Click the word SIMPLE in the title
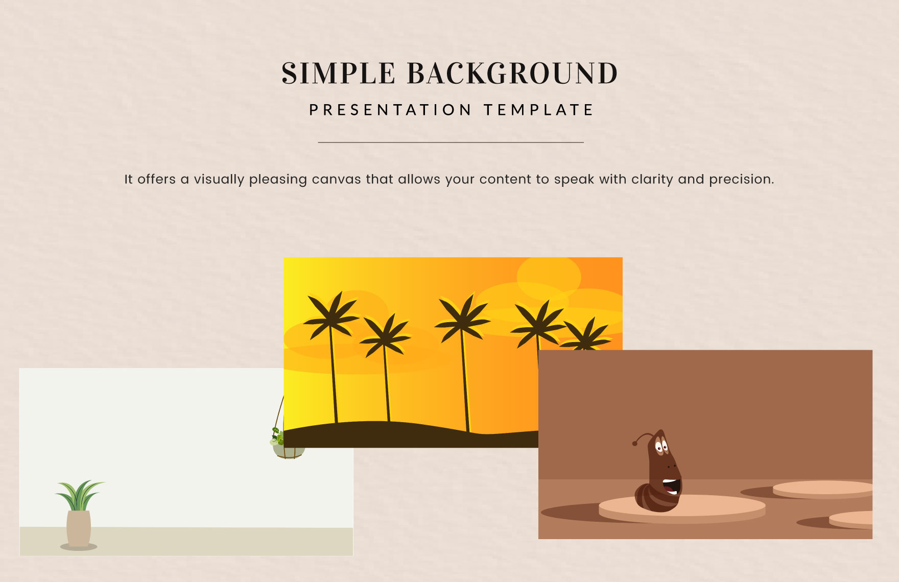[x=338, y=74]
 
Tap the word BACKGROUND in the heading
[x=512, y=74]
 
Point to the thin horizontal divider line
[x=451, y=142]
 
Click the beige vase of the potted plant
[x=79, y=528]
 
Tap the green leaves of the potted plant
[x=79, y=494]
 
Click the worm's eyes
[x=661, y=448]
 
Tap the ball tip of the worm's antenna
[x=635, y=443]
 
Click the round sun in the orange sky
[x=549, y=277]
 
